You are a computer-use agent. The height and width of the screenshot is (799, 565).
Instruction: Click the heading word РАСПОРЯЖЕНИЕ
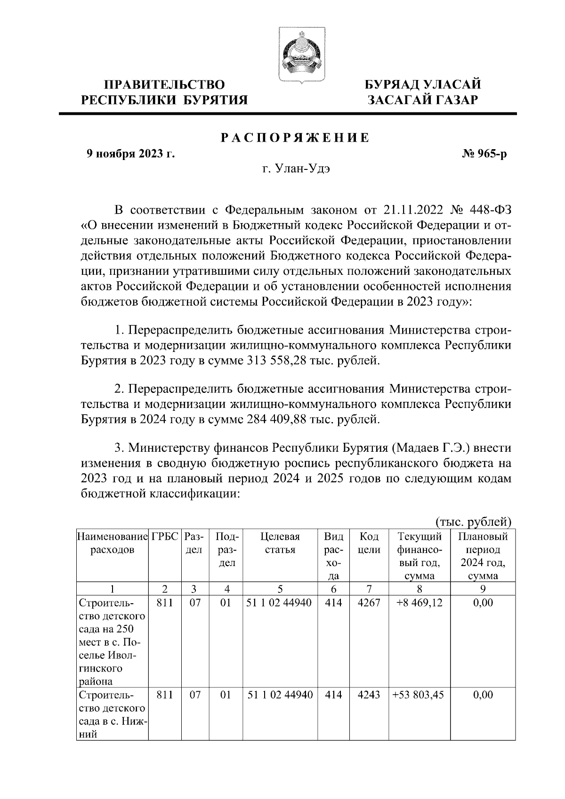click(x=295, y=138)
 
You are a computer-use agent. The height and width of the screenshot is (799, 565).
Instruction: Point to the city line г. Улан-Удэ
click(x=296, y=169)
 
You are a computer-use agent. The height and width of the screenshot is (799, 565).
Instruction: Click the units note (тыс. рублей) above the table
click(x=473, y=521)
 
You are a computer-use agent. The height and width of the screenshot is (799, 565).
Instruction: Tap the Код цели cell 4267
click(x=369, y=602)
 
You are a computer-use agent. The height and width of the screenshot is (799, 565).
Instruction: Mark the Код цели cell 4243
click(x=369, y=695)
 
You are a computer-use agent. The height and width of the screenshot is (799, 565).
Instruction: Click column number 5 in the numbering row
click(x=280, y=589)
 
